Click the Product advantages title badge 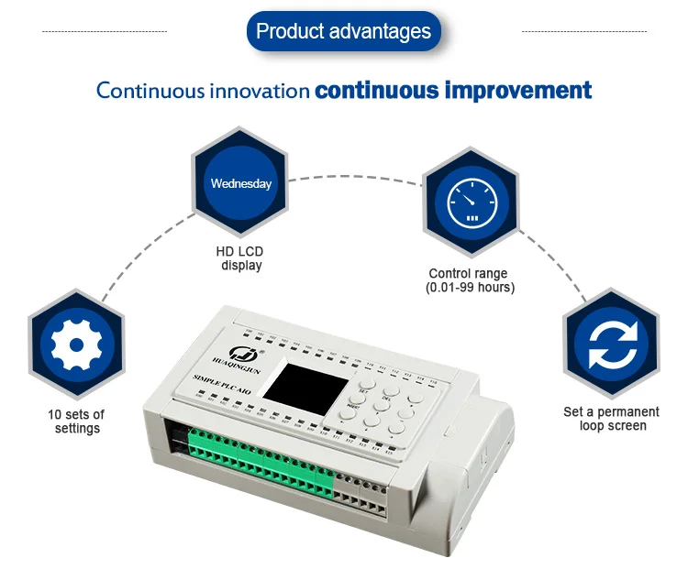click(x=343, y=31)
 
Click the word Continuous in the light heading click(x=143, y=91)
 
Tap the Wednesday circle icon click(x=241, y=183)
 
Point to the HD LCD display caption click(x=241, y=258)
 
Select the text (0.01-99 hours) click(x=470, y=288)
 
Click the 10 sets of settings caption click(x=76, y=421)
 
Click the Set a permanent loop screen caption click(x=611, y=419)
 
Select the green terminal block click(x=261, y=463)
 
